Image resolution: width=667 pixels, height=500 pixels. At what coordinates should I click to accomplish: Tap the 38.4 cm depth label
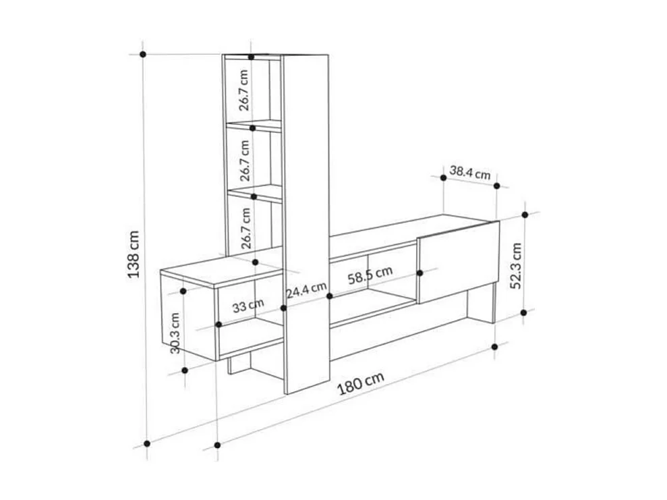click(469, 173)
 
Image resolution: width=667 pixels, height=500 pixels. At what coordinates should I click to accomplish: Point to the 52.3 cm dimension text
click(516, 266)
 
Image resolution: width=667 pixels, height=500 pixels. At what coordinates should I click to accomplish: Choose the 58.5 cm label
click(370, 275)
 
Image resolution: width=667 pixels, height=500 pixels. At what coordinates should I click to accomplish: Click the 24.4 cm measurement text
click(306, 292)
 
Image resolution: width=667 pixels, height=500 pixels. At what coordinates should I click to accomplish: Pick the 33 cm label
click(248, 306)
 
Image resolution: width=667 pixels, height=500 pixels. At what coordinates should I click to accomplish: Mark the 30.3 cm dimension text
click(173, 332)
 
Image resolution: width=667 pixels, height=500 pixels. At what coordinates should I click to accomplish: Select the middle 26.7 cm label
click(245, 161)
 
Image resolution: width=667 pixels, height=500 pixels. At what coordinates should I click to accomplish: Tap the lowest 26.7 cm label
click(245, 228)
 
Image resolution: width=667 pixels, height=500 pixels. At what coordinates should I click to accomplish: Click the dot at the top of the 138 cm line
click(143, 53)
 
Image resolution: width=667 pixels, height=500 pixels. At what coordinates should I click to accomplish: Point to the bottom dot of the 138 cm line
click(146, 444)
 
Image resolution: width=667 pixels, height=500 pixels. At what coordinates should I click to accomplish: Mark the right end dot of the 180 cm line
click(495, 346)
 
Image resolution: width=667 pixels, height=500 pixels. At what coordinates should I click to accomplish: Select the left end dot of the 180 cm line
click(217, 445)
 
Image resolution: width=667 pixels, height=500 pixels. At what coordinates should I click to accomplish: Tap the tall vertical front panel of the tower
click(305, 223)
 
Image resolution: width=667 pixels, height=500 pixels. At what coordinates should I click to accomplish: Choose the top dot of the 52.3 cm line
click(524, 215)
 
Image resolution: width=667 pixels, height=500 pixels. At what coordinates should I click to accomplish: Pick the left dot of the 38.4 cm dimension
click(443, 177)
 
